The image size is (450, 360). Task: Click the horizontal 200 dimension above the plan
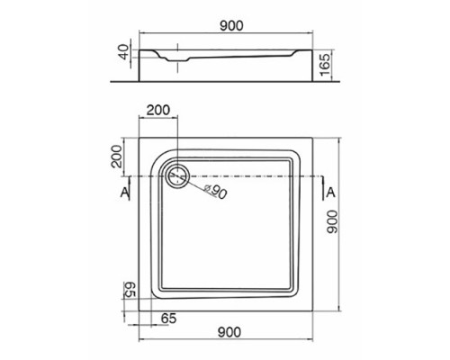pyautogui.click(x=157, y=110)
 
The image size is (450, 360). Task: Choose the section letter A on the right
pyautogui.click(x=330, y=193)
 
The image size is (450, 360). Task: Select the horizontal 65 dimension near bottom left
pyautogui.click(x=167, y=318)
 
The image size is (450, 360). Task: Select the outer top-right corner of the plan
pyautogui.click(x=321, y=138)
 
